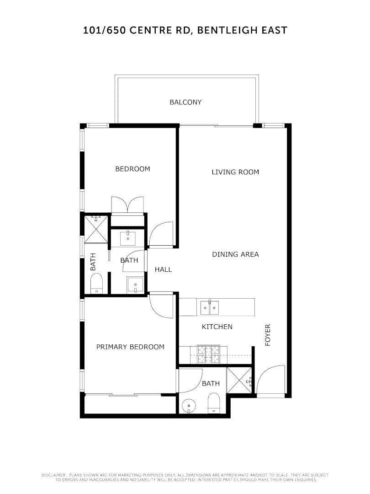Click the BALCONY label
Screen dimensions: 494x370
[185, 102]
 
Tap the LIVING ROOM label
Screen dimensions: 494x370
[235, 172]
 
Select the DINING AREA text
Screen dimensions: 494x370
[235, 254]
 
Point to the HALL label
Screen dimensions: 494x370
[163, 269]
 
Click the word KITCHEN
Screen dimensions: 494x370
[217, 327]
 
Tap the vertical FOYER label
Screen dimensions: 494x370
[268, 335]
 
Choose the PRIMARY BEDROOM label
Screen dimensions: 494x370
[130, 347]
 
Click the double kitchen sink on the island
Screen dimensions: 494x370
[210, 307]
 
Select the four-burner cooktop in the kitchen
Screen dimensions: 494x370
[208, 354]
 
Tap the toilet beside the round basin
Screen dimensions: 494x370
[213, 404]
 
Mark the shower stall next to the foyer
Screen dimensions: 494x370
[239, 379]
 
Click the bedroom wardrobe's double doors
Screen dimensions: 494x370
[128, 204]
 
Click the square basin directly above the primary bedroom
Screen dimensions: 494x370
[135, 285]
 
